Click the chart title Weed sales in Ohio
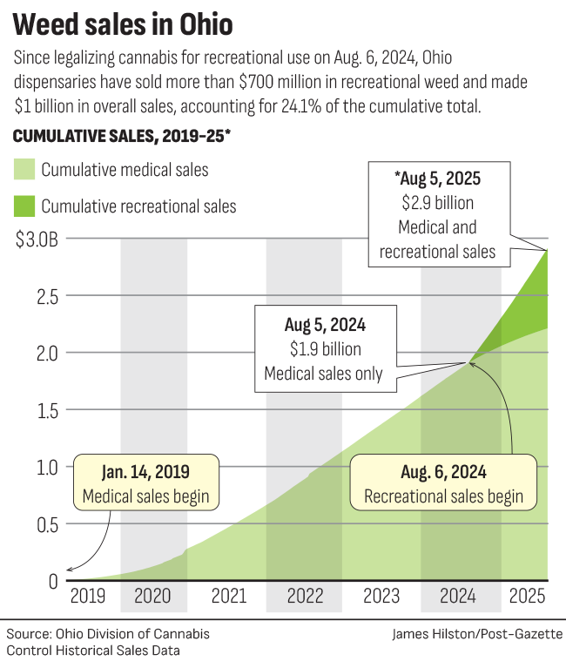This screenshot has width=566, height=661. (x=123, y=24)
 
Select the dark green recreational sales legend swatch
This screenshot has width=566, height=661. (x=24, y=206)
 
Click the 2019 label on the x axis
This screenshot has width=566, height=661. (x=88, y=597)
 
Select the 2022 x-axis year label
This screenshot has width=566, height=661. (x=304, y=597)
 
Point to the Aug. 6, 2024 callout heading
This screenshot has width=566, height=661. (x=443, y=474)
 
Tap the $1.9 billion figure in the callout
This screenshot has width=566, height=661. (x=323, y=350)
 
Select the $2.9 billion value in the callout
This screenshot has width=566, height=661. (x=446, y=203)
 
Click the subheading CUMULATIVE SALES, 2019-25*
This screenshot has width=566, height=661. (x=120, y=137)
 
